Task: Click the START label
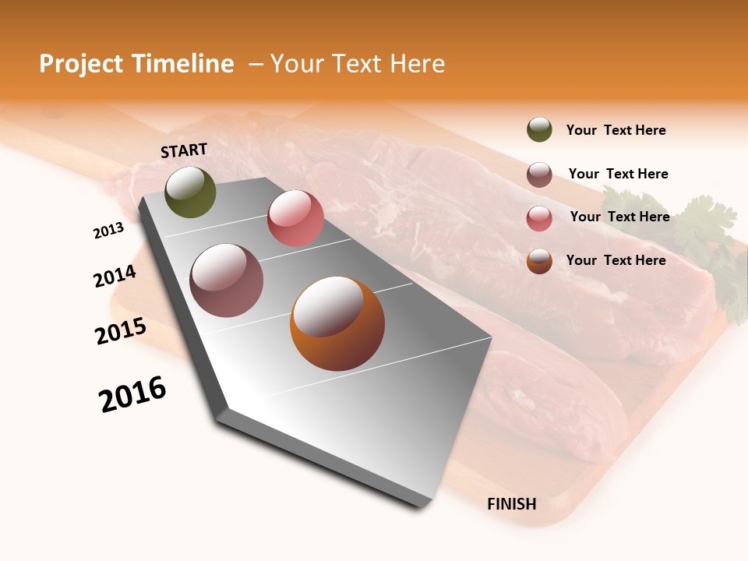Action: [x=184, y=150]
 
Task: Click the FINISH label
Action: [x=512, y=504]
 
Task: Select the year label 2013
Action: [x=109, y=231]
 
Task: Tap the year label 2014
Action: [x=115, y=277]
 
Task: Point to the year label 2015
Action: [x=121, y=331]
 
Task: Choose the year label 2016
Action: [x=132, y=394]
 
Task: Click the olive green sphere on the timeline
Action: [x=190, y=192]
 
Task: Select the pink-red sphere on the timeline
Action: [x=295, y=218]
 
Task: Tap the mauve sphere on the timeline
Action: [x=227, y=280]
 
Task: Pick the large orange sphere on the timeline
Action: [x=337, y=323]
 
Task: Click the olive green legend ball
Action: [x=539, y=130]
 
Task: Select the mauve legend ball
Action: [x=539, y=175]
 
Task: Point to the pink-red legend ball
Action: [x=539, y=218]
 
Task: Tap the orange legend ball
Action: [x=539, y=261]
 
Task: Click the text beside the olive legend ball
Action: [x=616, y=130]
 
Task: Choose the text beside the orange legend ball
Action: [x=616, y=260]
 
